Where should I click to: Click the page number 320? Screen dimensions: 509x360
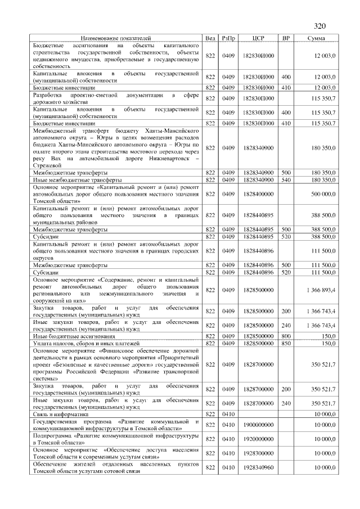coord(319,26)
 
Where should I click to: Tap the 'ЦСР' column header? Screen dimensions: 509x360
coord(259,38)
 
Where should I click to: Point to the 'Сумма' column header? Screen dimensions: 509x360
coord(316,38)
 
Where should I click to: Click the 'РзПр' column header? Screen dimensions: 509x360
coord(228,38)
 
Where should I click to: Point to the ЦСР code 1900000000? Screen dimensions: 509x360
coord(259,425)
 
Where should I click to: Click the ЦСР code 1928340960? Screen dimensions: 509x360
coord(259,467)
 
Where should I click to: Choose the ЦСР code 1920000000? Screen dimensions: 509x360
coord(259,439)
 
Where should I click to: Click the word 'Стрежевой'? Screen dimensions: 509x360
coord(48,166)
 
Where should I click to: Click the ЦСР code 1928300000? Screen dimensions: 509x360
coord(259,453)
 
